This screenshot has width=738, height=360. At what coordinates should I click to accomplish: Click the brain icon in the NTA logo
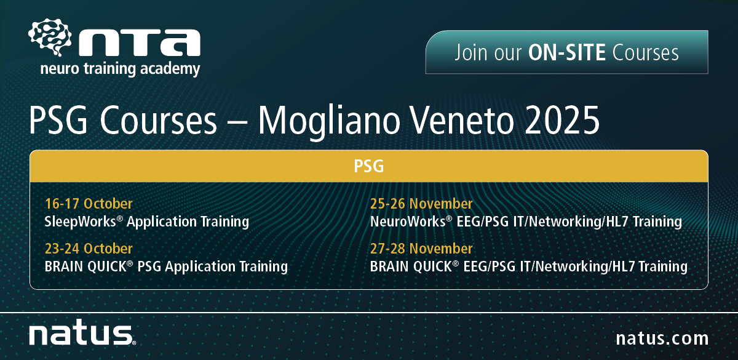pos(50,37)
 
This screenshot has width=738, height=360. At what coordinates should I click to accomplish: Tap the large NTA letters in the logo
pos(140,43)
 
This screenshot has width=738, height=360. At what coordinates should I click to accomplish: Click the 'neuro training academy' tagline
pos(120,70)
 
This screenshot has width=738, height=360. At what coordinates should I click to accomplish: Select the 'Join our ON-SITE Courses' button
pos(566,52)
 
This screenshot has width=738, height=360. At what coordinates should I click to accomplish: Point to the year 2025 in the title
pos(562,120)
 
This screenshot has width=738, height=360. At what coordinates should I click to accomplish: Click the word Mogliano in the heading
pos(329,122)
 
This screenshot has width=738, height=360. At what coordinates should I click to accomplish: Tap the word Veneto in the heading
pos(462,120)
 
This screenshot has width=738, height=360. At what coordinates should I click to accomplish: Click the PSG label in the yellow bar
pos(368,166)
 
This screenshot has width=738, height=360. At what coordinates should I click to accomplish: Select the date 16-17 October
pos(89,204)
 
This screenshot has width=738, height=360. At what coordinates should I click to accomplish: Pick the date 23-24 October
pos(89,249)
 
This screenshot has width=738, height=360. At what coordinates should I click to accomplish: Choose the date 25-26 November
pos(421,204)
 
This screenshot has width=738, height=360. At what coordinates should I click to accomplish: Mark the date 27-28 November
pos(421,249)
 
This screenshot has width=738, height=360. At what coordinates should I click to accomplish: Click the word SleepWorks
pos(81,222)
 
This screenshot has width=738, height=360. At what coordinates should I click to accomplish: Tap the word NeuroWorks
pos(408,222)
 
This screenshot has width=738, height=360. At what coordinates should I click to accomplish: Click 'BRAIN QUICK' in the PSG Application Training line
pos(85,266)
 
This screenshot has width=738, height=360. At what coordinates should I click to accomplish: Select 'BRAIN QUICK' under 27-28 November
pos(411,266)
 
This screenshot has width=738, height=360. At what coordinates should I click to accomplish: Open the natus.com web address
pos(662,338)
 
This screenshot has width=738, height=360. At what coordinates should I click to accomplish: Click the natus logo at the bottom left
pos(82,332)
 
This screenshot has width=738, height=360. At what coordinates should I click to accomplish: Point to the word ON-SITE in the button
pos(566,53)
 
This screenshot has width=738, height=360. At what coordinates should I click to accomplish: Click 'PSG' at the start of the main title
pos(58,120)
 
